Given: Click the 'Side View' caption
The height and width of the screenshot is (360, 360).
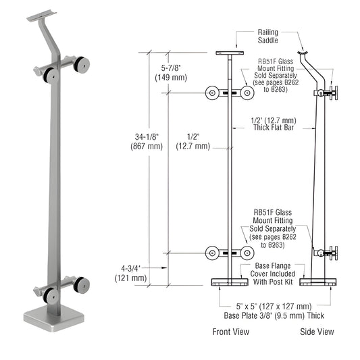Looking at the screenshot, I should (317, 332).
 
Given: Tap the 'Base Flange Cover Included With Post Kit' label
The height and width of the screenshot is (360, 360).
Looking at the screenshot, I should (274, 272).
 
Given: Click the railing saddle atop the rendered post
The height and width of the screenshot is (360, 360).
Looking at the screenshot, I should (46, 14).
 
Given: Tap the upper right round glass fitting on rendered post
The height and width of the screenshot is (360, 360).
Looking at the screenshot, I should (83, 65).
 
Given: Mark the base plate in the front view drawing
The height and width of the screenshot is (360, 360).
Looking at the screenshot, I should (230, 282).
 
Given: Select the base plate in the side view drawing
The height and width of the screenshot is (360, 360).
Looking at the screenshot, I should (318, 282).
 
